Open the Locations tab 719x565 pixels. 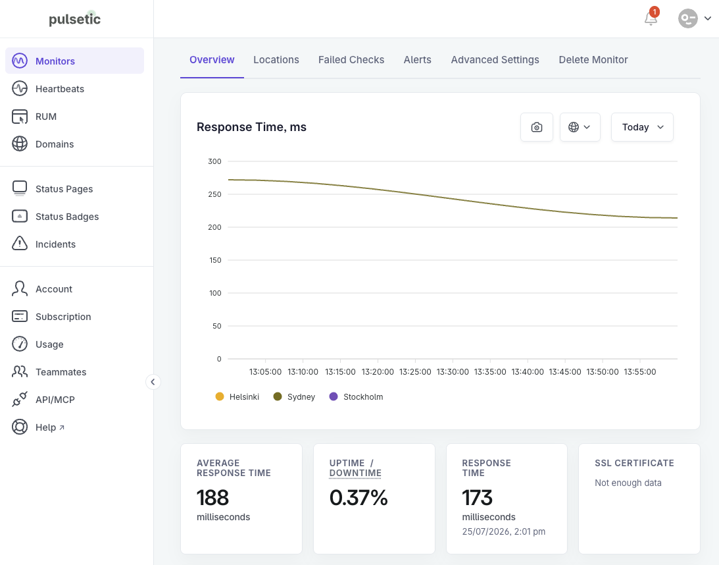(276, 60)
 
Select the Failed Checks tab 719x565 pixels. (351, 60)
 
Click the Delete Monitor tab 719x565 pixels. (593, 60)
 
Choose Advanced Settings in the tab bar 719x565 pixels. (495, 60)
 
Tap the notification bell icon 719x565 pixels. (651, 18)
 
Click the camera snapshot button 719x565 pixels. (537, 127)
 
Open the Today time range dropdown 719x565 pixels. (642, 127)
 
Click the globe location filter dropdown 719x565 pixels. (580, 127)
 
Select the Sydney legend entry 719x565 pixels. (295, 396)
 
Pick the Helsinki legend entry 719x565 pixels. (237, 396)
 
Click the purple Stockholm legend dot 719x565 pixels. (334, 396)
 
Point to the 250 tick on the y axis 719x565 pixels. (214, 194)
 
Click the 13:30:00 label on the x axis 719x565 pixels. (453, 372)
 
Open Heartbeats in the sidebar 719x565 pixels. (60, 89)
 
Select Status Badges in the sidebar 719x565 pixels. (67, 217)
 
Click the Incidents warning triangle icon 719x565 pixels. (20, 243)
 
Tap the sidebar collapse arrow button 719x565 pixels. (153, 382)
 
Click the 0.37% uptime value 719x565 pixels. (359, 498)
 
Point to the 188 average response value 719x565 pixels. (212, 498)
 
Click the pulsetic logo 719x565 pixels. (75, 19)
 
